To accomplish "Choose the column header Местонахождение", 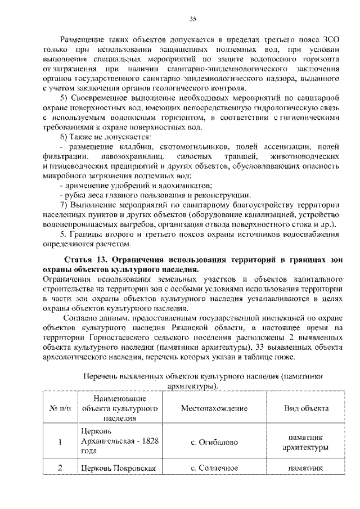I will (214, 408).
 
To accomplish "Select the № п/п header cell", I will (58, 408).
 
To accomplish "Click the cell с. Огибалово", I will (214, 442).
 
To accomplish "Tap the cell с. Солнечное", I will (214, 468).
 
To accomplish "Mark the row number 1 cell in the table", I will (58, 442).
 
